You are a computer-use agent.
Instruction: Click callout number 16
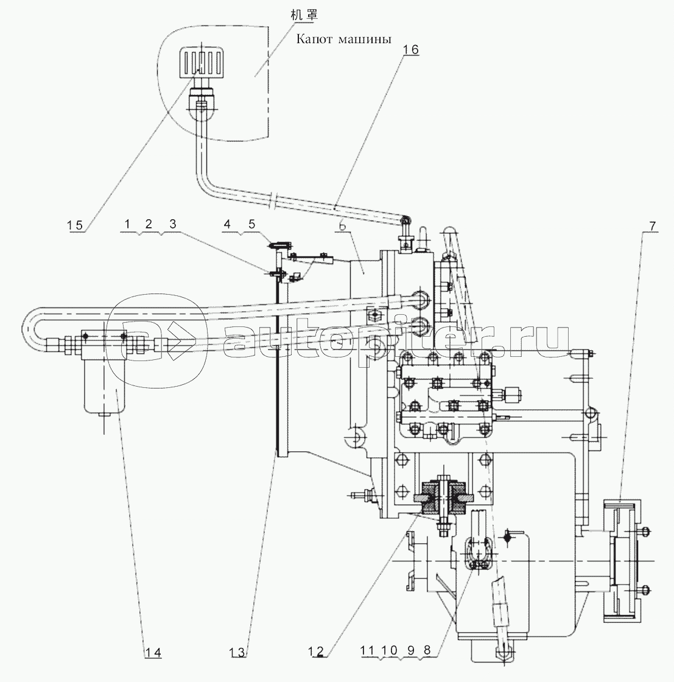pyautogui.click(x=410, y=50)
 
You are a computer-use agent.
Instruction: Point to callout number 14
pyautogui.click(x=153, y=653)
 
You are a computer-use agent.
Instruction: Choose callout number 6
pyautogui.click(x=343, y=226)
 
